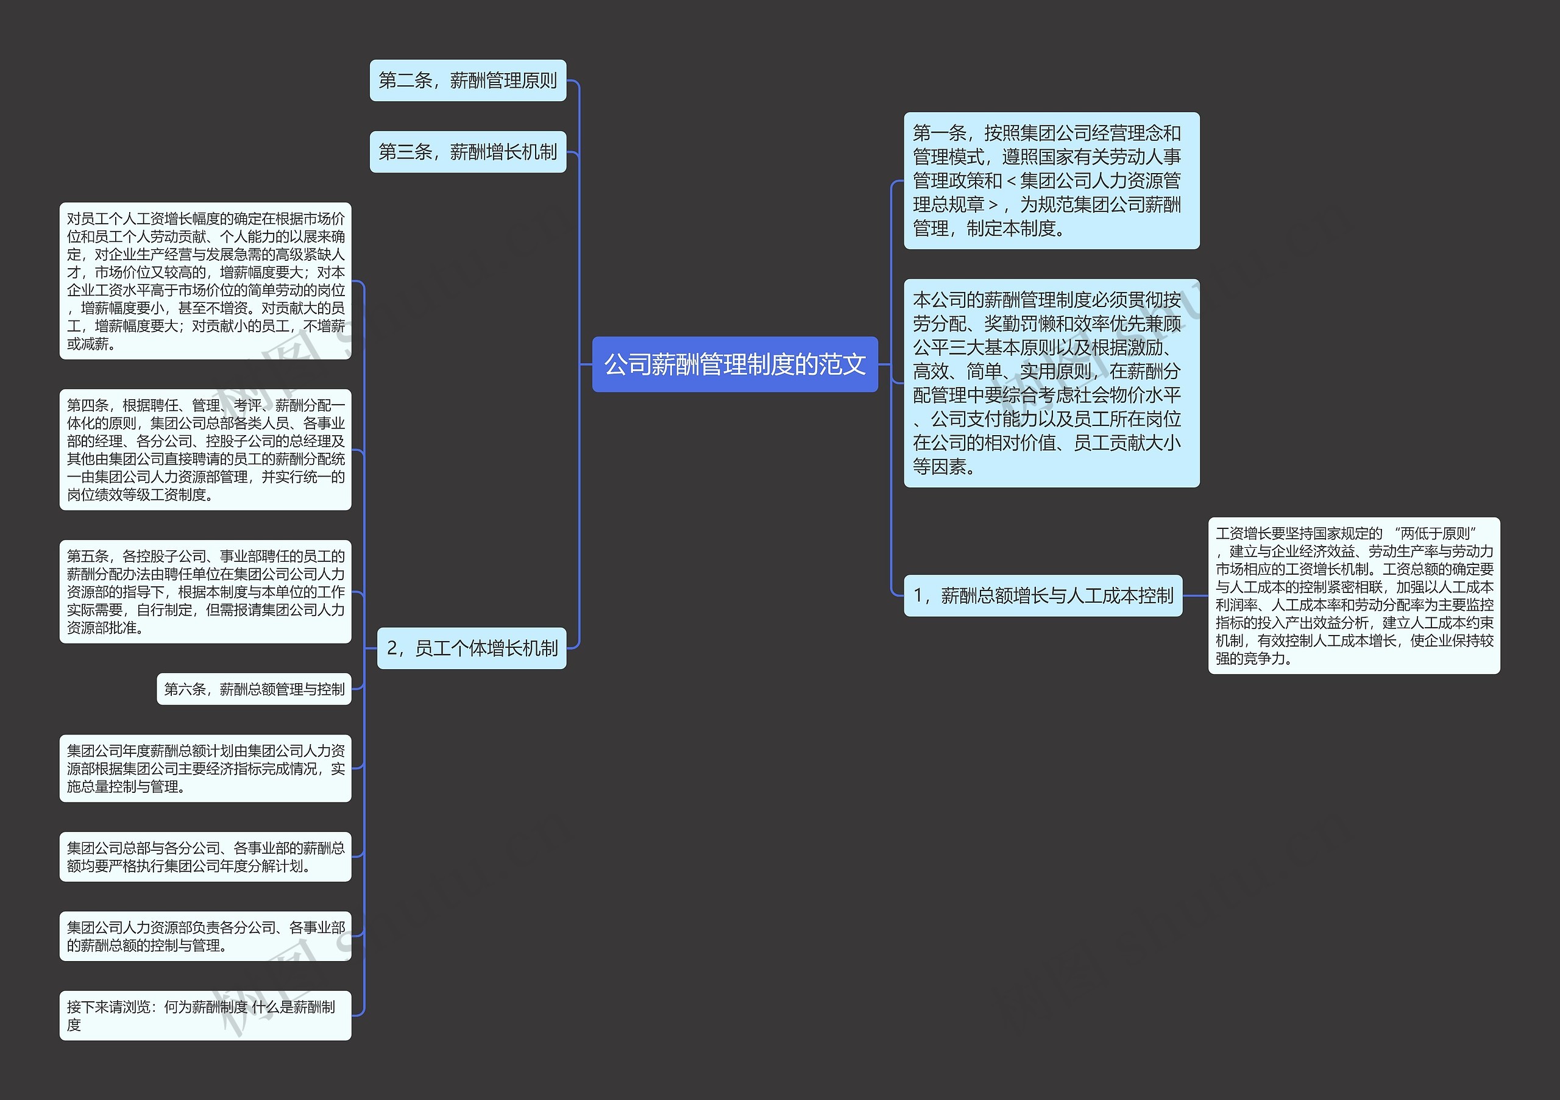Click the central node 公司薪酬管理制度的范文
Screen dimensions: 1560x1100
[x=734, y=364]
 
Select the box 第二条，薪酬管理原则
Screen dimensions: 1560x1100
[x=467, y=81]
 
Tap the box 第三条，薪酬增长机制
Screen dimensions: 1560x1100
[x=467, y=152]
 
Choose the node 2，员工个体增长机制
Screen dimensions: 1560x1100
[x=472, y=648]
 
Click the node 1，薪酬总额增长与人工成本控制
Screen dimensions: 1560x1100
[x=1042, y=596]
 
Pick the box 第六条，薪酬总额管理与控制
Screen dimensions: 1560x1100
[x=254, y=689]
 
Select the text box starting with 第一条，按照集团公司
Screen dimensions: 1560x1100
[x=1051, y=181]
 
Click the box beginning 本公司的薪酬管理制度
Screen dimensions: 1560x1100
[x=1051, y=383]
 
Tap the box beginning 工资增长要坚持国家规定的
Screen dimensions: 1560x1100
[x=1353, y=596]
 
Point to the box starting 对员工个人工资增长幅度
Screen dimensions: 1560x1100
[x=205, y=280]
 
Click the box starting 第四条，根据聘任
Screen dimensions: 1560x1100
[x=205, y=450]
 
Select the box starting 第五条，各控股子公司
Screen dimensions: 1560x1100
[x=205, y=592]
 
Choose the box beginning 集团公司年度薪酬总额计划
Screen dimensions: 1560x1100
[x=205, y=768]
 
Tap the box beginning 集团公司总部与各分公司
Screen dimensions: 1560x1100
[x=205, y=857]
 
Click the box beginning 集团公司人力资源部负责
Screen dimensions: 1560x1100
[x=205, y=936]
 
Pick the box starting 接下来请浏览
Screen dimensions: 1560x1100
[x=205, y=1015]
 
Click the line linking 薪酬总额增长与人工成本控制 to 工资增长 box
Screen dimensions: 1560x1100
[x=1195, y=596]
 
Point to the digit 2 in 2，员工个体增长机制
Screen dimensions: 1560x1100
[x=391, y=648]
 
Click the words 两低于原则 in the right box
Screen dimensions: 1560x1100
[x=1438, y=534]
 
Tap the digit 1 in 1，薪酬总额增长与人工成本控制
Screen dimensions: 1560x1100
[x=918, y=596]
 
